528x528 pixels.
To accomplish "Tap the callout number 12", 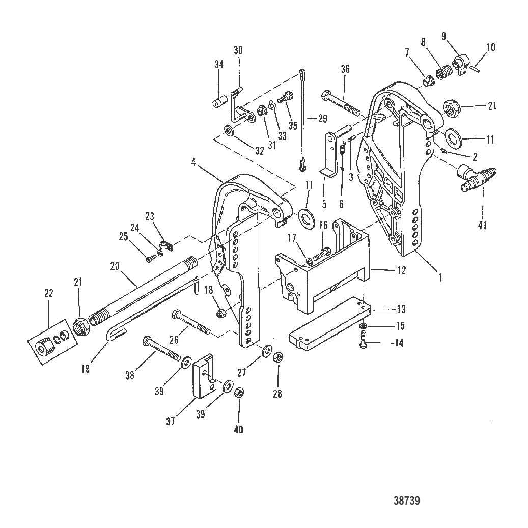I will (x=401, y=271).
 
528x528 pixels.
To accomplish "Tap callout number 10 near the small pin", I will (x=490, y=47).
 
